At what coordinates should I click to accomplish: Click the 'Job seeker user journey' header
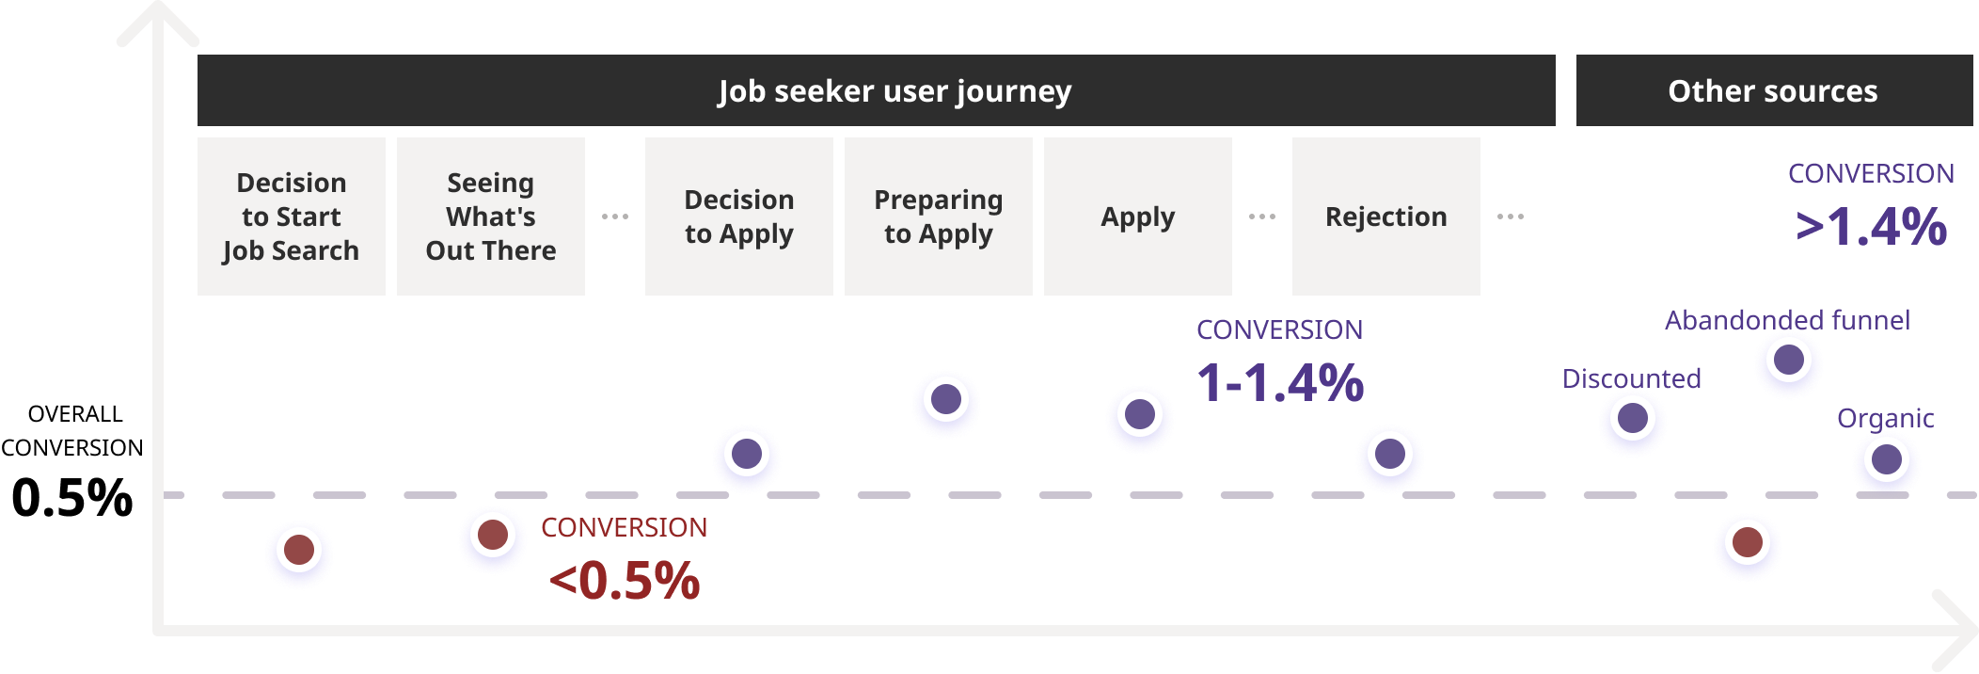tap(894, 91)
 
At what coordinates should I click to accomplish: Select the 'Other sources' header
tap(1772, 91)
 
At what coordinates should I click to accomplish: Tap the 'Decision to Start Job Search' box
tap(292, 217)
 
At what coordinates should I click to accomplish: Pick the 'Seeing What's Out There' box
tap(491, 217)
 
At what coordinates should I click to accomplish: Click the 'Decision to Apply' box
tap(739, 217)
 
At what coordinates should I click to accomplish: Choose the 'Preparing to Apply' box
tap(939, 217)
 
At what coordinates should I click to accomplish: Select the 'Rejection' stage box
tap(1386, 217)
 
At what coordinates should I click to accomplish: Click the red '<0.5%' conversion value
tap(625, 580)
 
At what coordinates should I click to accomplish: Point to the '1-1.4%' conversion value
tap(1280, 383)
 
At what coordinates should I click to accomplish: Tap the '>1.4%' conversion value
tap(1871, 227)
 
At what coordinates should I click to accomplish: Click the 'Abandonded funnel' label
tap(1787, 320)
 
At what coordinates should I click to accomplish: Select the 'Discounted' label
tap(1632, 378)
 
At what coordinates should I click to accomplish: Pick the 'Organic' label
tap(1885, 418)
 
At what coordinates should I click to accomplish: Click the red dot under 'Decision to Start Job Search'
tap(299, 550)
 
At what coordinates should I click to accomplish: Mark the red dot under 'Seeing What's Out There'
tap(493, 536)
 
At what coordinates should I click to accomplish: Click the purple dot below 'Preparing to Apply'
tap(946, 400)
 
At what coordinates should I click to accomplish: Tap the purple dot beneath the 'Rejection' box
tap(1390, 455)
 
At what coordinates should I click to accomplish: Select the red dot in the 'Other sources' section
tap(1748, 543)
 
